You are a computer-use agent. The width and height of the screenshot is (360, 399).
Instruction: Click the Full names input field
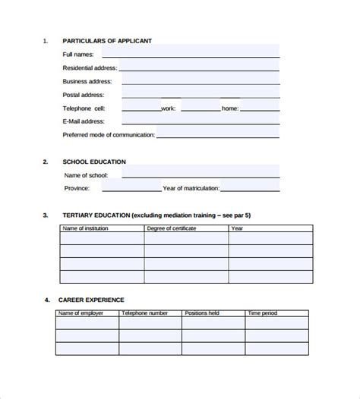coord(200,51)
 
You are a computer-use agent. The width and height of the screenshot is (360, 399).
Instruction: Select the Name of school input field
coord(200,175)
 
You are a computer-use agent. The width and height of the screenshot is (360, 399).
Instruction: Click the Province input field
coord(141,188)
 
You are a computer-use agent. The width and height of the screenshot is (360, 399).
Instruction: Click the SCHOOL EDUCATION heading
coord(94,162)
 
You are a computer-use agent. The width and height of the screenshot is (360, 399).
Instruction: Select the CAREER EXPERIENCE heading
coord(93,300)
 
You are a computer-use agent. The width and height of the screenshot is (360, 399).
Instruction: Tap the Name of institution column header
coord(85,228)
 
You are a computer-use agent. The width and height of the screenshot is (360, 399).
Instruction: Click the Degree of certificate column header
coord(172,228)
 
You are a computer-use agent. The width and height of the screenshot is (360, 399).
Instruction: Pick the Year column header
coord(237,228)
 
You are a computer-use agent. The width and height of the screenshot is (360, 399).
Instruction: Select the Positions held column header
coord(204,313)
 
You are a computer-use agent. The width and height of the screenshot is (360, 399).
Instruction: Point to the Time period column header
coord(264,313)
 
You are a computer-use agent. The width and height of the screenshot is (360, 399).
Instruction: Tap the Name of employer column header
coord(82,313)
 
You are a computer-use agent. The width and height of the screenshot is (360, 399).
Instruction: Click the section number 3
coord(46,215)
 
